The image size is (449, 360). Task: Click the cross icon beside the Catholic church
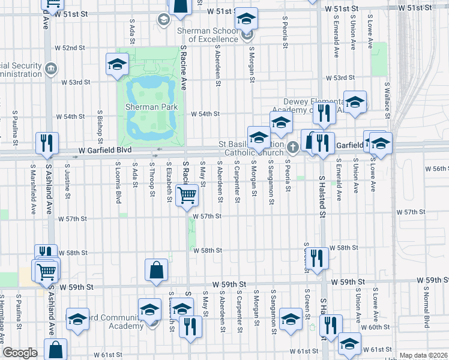pos(292,146)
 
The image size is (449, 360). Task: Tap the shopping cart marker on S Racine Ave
pos(187,195)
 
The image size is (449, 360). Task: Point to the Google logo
pos(20,353)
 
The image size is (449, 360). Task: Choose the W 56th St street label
pos(437,169)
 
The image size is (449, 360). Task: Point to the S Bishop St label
pos(100,122)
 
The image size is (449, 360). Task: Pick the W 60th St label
pos(379,327)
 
